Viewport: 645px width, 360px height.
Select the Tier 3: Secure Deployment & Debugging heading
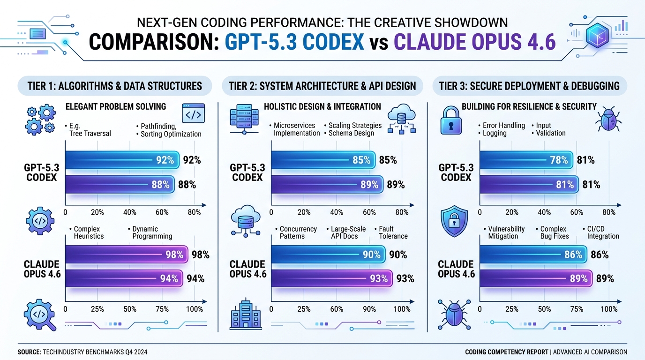(529, 86)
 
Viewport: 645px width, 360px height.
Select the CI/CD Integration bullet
(602, 232)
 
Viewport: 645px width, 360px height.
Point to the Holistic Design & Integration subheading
(322, 107)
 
